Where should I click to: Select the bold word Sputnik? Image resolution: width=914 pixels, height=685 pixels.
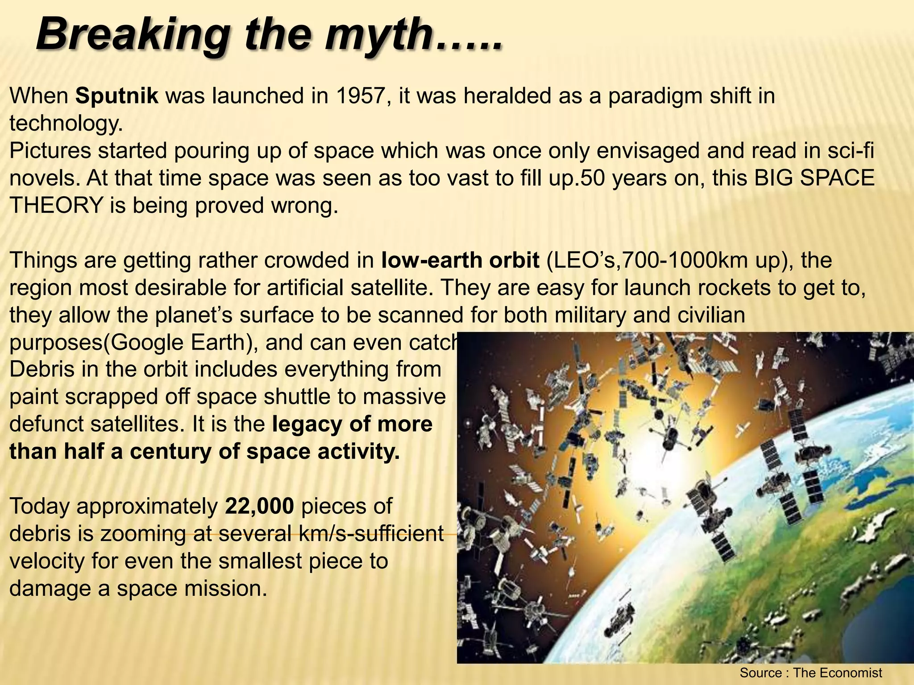[x=117, y=96]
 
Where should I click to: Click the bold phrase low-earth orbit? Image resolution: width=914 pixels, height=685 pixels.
[x=461, y=260]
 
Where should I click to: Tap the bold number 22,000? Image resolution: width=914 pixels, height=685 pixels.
[x=260, y=507]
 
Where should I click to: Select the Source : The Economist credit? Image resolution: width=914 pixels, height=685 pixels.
[x=811, y=673]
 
